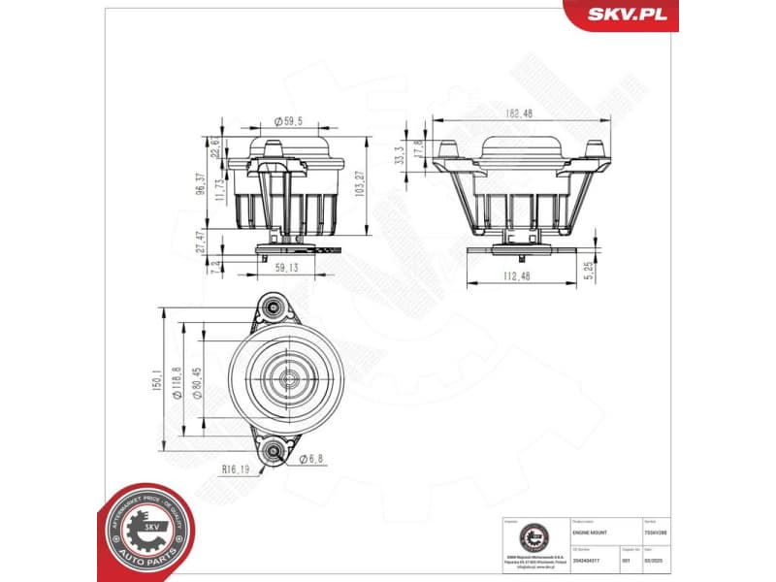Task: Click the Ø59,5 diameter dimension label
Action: (x=288, y=121)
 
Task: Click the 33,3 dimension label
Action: (x=399, y=154)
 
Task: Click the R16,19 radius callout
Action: (x=237, y=469)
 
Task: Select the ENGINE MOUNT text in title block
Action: (x=591, y=533)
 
